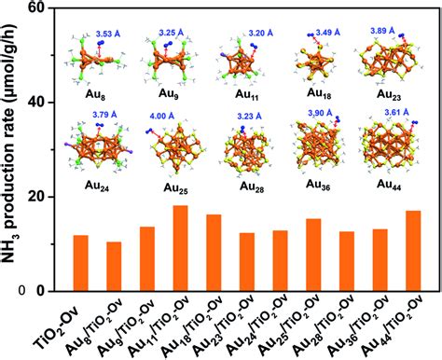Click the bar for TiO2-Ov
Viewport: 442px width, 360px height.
tap(80, 263)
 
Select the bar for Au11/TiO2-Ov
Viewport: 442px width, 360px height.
tap(180, 248)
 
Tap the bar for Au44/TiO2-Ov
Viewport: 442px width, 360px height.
tap(413, 251)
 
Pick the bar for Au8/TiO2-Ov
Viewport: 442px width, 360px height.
tap(114, 267)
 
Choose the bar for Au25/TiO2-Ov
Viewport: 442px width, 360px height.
tap(313, 255)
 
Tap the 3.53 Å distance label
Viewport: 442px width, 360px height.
tap(108, 34)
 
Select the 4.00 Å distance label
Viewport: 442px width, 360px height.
tap(162, 117)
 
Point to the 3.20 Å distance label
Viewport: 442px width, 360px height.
tap(261, 33)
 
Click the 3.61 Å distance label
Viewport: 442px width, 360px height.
tap(396, 112)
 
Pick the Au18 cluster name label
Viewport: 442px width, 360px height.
tap(319, 93)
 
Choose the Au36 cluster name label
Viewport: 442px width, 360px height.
tap(318, 185)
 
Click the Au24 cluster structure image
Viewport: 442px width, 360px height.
tap(99, 147)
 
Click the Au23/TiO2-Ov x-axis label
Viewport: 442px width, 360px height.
tap(224, 324)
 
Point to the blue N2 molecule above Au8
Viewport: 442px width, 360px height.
tap(101, 43)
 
